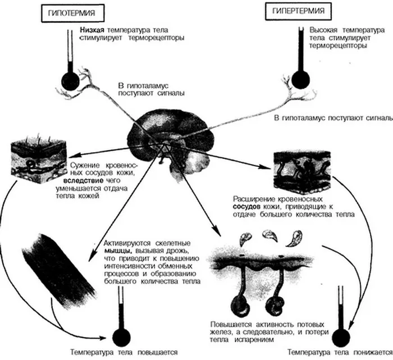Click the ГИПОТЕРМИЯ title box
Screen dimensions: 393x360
pyautogui.click(x=72, y=13)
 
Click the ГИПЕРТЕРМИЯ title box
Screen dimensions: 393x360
pyautogui.click(x=298, y=11)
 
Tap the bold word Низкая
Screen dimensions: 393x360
pyautogui.click(x=92, y=30)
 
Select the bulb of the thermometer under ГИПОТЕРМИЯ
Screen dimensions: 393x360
pyautogui.click(x=71, y=81)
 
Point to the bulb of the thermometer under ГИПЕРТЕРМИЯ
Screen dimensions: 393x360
pyautogui.click(x=301, y=80)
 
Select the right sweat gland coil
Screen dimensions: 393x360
pyautogui.click(x=274, y=306)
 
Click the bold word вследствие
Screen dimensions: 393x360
pyautogui.click(x=83, y=181)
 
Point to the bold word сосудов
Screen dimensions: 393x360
pyautogui.click(x=247, y=207)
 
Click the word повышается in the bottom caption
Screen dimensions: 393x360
pyautogui.click(x=158, y=353)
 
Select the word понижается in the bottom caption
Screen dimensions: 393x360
pyautogui.click(x=373, y=353)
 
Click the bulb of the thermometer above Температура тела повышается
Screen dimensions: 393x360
pyautogui.click(x=122, y=336)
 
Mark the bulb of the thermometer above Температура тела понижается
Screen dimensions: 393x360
pyautogui.click(x=341, y=338)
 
